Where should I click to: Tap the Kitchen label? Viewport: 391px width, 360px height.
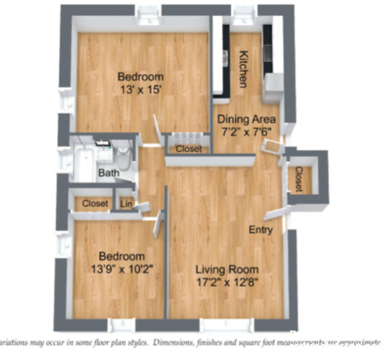(x=243, y=70)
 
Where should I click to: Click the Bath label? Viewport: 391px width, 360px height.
(x=108, y=172)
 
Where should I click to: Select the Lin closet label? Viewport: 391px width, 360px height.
(x=126, y=204)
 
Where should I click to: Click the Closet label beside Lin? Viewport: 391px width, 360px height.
(x=95, y=204)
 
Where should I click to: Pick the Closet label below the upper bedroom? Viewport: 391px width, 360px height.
(x=189, y=149)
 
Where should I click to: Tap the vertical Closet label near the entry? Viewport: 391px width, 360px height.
(x=298, y=178)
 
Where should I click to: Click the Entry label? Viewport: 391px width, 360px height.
(x=260, y=230)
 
